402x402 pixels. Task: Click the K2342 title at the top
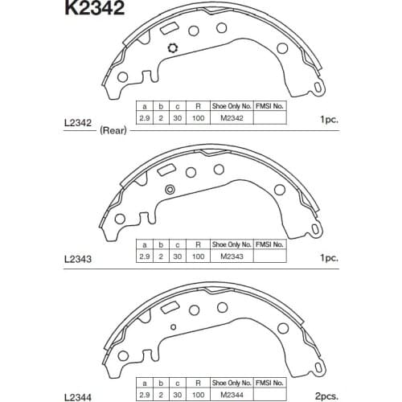point(95,7)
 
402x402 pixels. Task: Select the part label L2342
point(78,123)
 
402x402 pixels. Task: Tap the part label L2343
point(78,259)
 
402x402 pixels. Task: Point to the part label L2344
point(78,397)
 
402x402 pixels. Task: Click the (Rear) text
point(113,130)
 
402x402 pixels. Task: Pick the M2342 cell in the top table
point(232,118)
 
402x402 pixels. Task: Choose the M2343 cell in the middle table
point(232,256)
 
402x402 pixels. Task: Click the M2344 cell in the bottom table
point(232,395)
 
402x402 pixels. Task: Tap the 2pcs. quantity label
point(326,396)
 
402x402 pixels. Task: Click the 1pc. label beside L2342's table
point(330,119)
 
